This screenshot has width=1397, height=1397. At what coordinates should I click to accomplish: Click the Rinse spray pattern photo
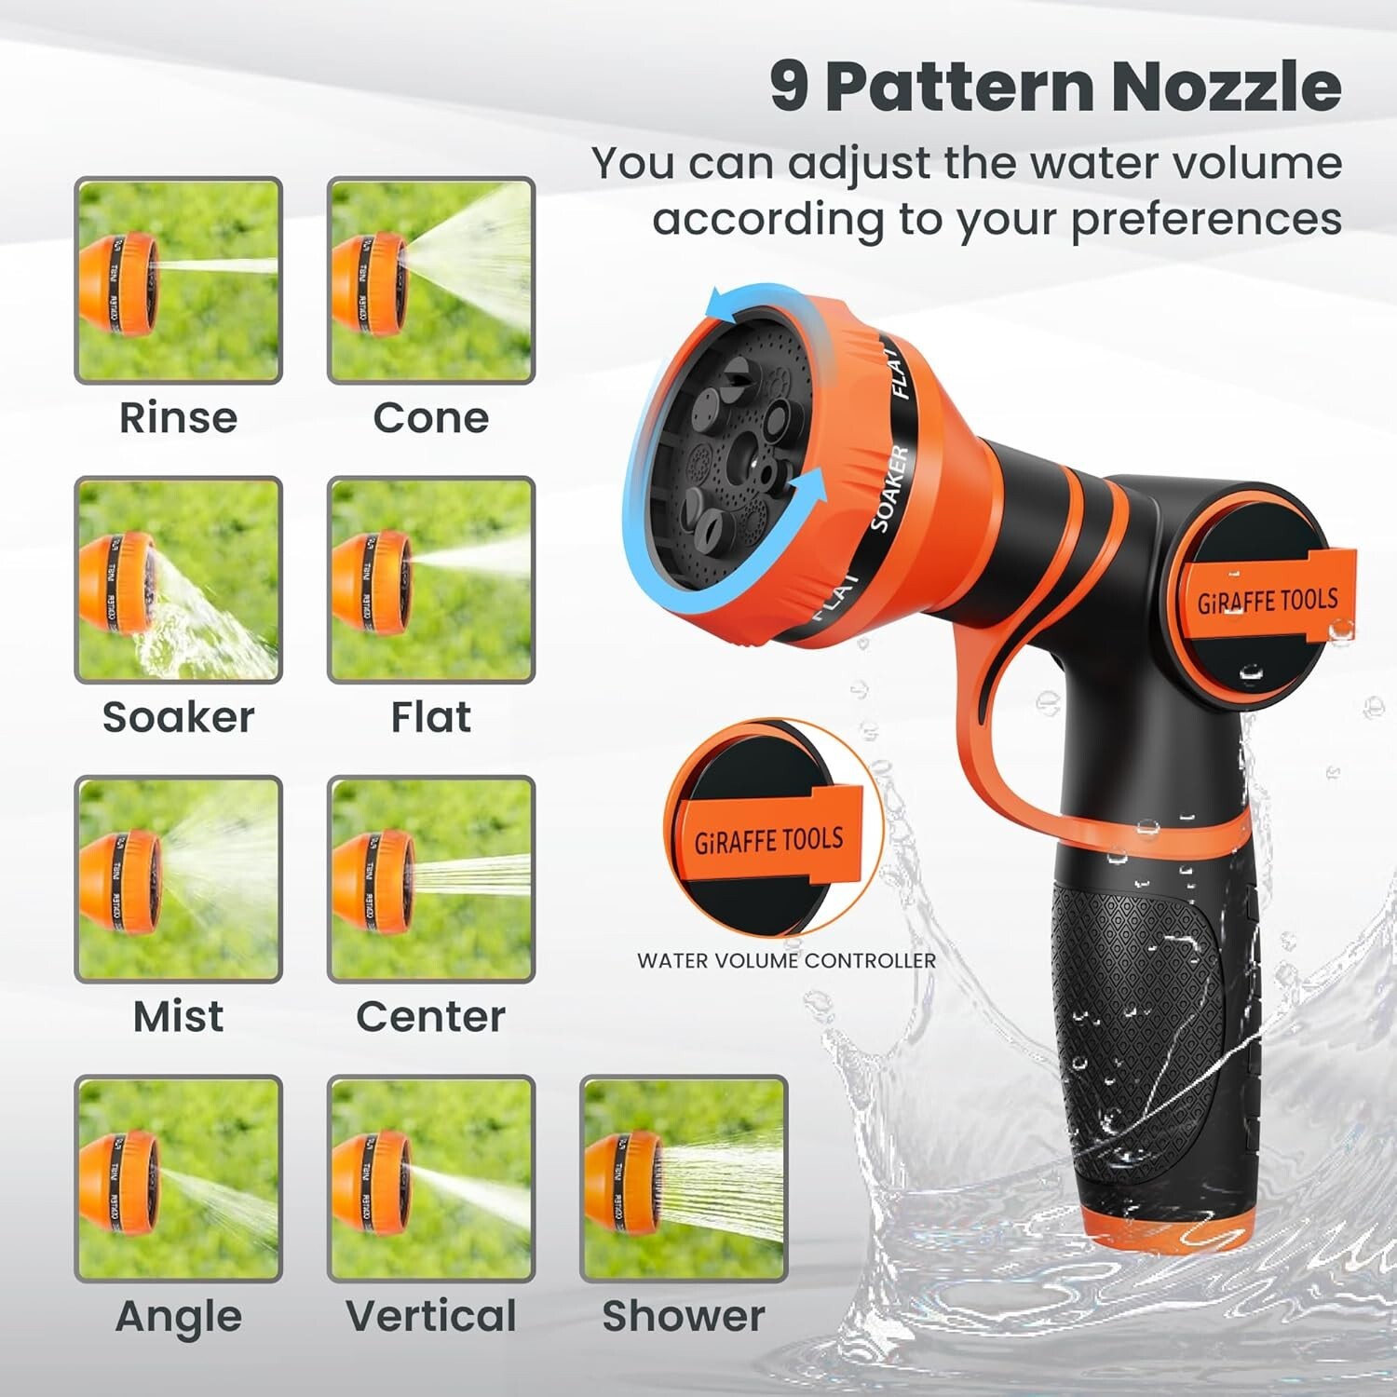click(178, 279)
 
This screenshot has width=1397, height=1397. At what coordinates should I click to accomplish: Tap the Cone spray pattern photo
click(430, 279)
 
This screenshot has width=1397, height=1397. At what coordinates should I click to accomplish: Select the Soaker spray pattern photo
click(178, 579)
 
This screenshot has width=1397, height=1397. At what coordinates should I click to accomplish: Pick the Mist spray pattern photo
click(178, 879)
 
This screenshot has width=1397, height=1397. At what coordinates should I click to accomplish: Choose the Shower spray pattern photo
click(684, 1179)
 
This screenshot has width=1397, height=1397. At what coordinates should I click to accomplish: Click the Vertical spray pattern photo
click(430, 1179)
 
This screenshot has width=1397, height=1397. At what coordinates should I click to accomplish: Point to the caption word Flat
click(430, 717)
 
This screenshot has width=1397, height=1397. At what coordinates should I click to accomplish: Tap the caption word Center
click(430, 1016)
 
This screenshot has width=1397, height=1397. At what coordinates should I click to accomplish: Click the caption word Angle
click(178, 1316)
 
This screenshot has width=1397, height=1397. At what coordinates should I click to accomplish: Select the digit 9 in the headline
click(790, 87)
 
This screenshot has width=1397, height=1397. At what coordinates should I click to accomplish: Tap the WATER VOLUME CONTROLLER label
click(786, 961)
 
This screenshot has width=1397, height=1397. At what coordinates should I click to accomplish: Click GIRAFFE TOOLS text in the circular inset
click(769, 840)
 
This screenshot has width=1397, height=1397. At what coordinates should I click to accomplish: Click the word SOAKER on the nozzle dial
click(888, 489)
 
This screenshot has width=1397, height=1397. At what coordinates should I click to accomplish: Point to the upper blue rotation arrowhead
click(713, 304)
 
